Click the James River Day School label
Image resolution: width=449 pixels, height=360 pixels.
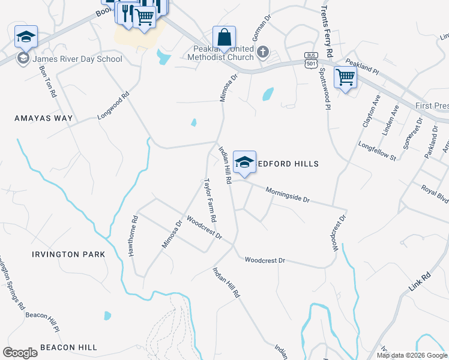point(77,59)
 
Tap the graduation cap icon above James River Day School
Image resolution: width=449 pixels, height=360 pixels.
point(26,37)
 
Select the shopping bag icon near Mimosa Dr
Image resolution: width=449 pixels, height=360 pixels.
point(224,37)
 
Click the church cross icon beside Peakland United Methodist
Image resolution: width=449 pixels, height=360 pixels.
point(262,52)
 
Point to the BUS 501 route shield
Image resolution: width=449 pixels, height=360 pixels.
point(310,61)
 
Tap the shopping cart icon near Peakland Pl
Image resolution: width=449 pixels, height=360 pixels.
point(345,77)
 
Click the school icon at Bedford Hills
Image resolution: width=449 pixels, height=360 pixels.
point(244,162)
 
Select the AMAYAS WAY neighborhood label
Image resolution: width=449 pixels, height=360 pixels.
point(43,118)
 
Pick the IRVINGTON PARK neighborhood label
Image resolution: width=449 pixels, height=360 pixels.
point(68,254)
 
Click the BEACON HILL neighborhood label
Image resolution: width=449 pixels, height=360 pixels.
point(68,347)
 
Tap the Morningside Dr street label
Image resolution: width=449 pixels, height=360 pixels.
point(288,194)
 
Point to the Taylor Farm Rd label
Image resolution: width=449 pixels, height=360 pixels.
point(209,200)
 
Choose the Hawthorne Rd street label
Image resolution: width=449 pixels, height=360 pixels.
point(133,236)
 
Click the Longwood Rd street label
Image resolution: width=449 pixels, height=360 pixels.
point(114,106)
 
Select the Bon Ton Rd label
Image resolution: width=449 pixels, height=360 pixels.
point(47,82)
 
